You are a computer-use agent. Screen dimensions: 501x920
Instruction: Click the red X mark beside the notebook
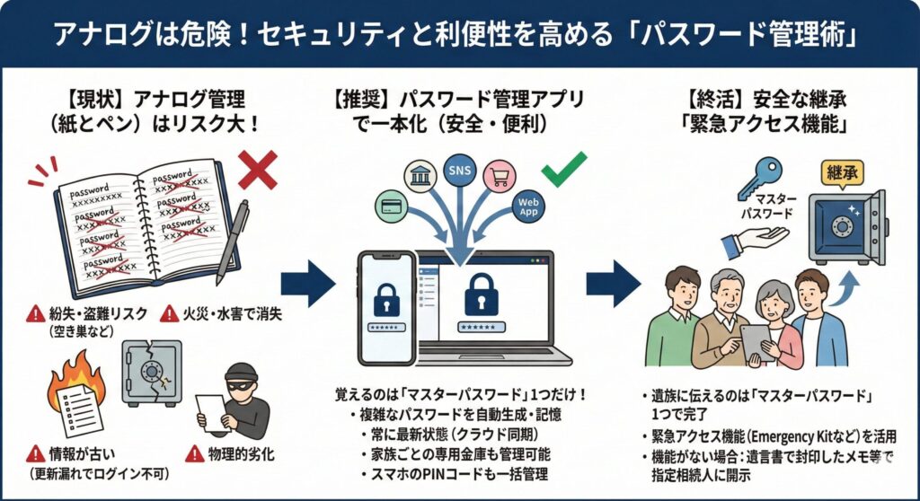(256, 169)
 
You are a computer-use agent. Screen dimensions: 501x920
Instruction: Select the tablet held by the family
(756, 339)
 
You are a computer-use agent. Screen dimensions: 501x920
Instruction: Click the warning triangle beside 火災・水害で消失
(168, 313)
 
